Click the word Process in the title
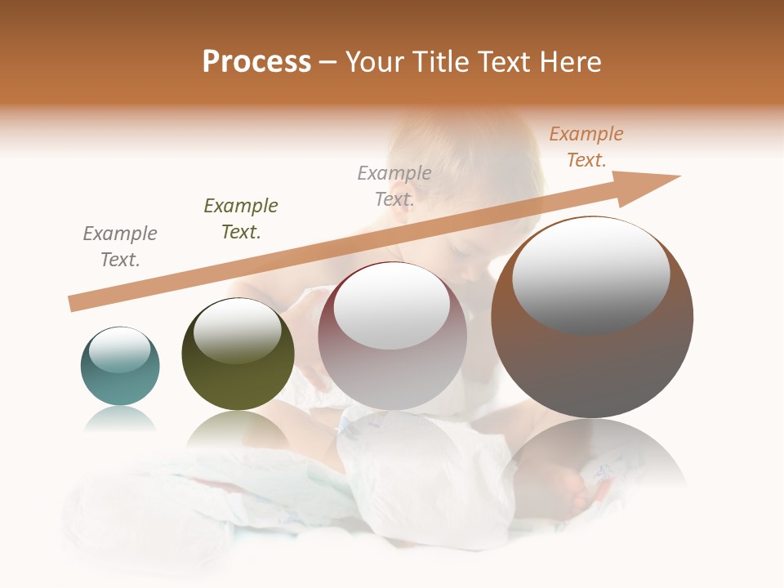tap(256, 62)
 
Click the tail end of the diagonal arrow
tap(72, 304)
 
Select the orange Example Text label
tap(586, 147)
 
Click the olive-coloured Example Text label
tap(241, 219)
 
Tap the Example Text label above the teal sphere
tap(120, 247)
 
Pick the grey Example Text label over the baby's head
tap(394, 186)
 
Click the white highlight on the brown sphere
tap(590, 274)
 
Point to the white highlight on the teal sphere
tap(120, 350)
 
